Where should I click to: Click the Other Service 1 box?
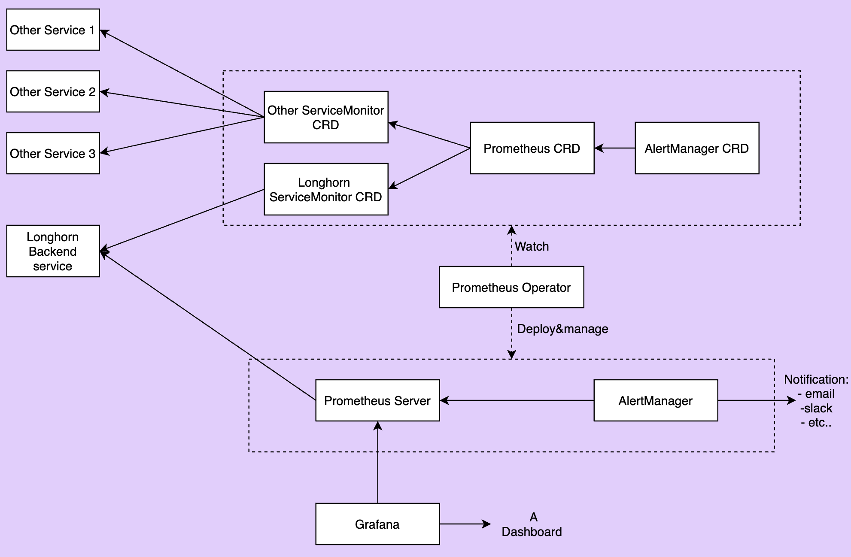[x=53, y=30]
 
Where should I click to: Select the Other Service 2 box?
[x=53, y=91]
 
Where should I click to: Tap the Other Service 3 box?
[x=53, y=153]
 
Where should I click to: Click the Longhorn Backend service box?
[x=53, y=251]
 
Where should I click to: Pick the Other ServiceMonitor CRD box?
[x=326, y=117]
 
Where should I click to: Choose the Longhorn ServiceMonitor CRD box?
[x=326, y=189]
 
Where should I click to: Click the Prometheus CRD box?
[x=532, y=148]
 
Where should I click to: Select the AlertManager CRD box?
[x=697, y=148]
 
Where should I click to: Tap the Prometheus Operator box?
[x=511, y=287]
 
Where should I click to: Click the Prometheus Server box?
[x=377, y=400]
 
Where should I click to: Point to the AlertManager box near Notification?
[x=656, y=400]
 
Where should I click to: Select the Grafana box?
[x=377, y=524]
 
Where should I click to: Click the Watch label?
[x=532, y=246]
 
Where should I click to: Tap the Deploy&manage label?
[x=562, y=329]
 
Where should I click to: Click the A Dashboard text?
[x=532, y=524]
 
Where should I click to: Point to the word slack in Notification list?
[x=818, y=408]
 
